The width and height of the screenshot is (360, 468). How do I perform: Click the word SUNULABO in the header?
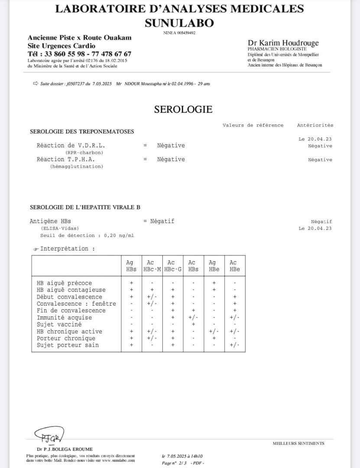pos(179,23)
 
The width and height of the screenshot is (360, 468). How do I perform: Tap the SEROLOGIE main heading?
pos(183,109)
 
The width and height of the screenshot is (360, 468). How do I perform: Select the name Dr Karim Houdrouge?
pos(283,43)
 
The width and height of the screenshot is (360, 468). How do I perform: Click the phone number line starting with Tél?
pos(79,54)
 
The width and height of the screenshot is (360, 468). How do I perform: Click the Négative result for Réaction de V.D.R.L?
pos(171,146)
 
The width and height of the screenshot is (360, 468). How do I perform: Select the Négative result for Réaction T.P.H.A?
pos(171,159)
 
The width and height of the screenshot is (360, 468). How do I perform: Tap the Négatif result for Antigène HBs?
pos(162,221)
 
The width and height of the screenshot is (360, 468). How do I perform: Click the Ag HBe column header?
pos(214,266)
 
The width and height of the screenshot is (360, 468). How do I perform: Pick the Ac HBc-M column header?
pos(152,266)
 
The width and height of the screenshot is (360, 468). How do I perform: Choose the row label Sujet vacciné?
pos(59,324)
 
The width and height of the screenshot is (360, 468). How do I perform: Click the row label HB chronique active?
pos(69,331)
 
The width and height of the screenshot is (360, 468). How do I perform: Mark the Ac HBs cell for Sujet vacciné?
pos(193,324)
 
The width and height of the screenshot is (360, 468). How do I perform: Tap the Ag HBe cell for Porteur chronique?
pos(214,338)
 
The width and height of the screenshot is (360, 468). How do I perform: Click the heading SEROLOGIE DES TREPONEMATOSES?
pos(82,131)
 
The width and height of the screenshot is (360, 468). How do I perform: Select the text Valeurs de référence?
pos(253,125)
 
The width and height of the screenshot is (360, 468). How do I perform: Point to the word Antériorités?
pos(315,125)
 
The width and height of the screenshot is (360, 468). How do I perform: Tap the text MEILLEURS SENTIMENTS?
pos(298,443)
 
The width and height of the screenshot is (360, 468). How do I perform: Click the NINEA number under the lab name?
pos(179,33)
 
